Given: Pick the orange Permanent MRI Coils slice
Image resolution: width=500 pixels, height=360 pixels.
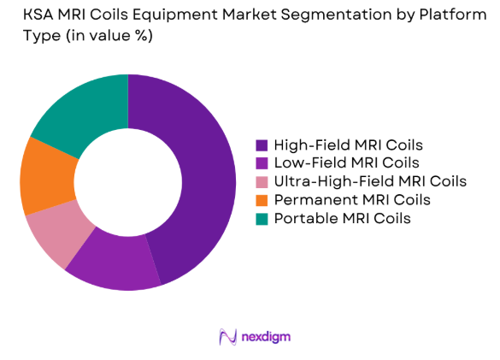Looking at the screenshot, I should point(41,175).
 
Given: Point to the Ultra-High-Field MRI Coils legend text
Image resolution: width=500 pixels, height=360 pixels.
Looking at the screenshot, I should point(369,181).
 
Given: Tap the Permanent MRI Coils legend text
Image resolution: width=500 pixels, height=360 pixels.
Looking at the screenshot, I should point(351,199).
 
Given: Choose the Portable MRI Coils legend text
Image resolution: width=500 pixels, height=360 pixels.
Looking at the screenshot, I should point(342,218).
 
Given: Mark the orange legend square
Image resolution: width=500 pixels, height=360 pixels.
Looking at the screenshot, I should point(262,200).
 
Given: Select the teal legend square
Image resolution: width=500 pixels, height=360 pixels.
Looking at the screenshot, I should point(262,218).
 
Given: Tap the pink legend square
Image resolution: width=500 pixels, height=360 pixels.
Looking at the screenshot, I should point(262,181).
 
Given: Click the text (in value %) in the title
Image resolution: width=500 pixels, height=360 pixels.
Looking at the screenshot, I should point(93,37).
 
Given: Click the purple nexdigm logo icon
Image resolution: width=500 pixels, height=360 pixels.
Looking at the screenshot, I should point(227,336).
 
